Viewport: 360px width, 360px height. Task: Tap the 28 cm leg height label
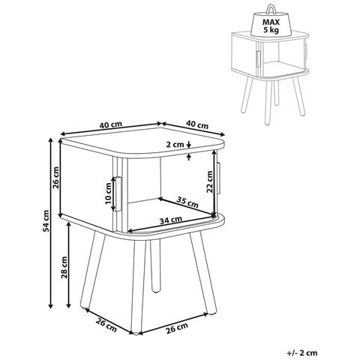pyautogui.click(x=64, y=267)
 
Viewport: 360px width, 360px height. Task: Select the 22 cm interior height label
pyautogui.click(x=209, y=181)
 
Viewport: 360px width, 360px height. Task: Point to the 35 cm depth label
pyautogui.click(x=187, y=202)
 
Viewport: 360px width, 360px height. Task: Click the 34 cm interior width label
pyautogui.click(x=171, y=220)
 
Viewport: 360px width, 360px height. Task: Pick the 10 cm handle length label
pyautogui.click(x=108, y=193)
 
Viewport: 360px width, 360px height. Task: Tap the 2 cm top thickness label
pyautogui.click(x=175, y=144)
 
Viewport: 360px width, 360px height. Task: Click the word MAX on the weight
pyautogui.click(x=271, y=22)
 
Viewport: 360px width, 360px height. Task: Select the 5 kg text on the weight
pyautogui.click(x=271, y=30)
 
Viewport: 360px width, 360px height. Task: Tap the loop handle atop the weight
pyautogui.click(x=271, y=10)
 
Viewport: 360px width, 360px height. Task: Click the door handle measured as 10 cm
pyautogui.click(x=118, y=194)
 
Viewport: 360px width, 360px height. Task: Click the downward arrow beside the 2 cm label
pyautogui.click(x=189, y=143)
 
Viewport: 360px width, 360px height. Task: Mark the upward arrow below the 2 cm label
pyautogui.click(x=189, y=157)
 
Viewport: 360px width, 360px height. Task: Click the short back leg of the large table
pyautogui.click(x=155, y=266)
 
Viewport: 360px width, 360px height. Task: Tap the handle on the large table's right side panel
pyautogui.click(x=219, y=178)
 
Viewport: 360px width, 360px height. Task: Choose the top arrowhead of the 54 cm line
pyautogui.click(x=51, y=141)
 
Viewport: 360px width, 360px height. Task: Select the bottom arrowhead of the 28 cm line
pyautogui.click(x=68, y=305)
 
